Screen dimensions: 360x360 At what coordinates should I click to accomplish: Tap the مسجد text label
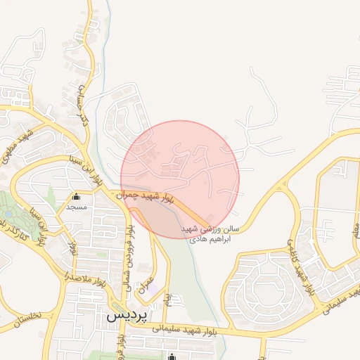pyautogui.click(x=76, y=207)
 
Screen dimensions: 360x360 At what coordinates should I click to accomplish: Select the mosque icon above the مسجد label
pyautogui.click(x=76, y=198)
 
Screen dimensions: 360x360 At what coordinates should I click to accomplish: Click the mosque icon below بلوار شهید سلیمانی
pyautogui.click(x=173, y=355)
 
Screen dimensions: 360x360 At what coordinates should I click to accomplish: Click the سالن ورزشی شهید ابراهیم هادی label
pyautogui.click(x=210, y=234)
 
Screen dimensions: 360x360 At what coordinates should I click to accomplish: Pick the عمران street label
pyautogui.click(x=148, y=284)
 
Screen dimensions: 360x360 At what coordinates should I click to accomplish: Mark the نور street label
pyautogui.click(x=72, y=247)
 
